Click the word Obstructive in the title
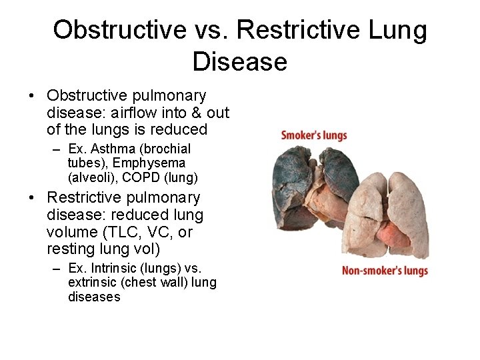click(119, 30)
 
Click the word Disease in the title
click(239, 62)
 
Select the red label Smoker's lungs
click(314, 135)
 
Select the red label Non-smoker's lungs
click(385, 271)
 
